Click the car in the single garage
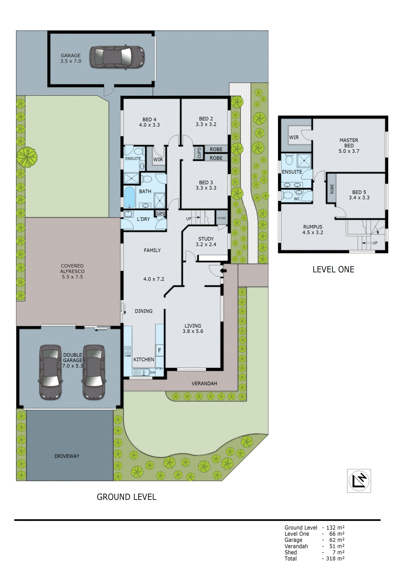[x=117, y=56]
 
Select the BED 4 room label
[x=149, y=122]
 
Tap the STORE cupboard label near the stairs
[x=221, y=218]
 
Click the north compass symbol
[x=359, y=481]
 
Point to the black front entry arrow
[x=223, y=271]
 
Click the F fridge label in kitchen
[x=160, y=350]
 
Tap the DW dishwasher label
[x=152, y=372]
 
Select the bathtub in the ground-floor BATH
[x=129, y=197]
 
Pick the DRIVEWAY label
[x=67, y=456]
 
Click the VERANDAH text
[x=204, y=383]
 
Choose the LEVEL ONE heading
[x=333, y=269]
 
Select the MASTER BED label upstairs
[x=349, y=146]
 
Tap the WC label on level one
[x=297, y=199]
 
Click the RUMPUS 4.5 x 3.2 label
[x=313, y=229]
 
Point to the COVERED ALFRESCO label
[x=72, y=271]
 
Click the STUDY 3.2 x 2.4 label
[x=206, y=241]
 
